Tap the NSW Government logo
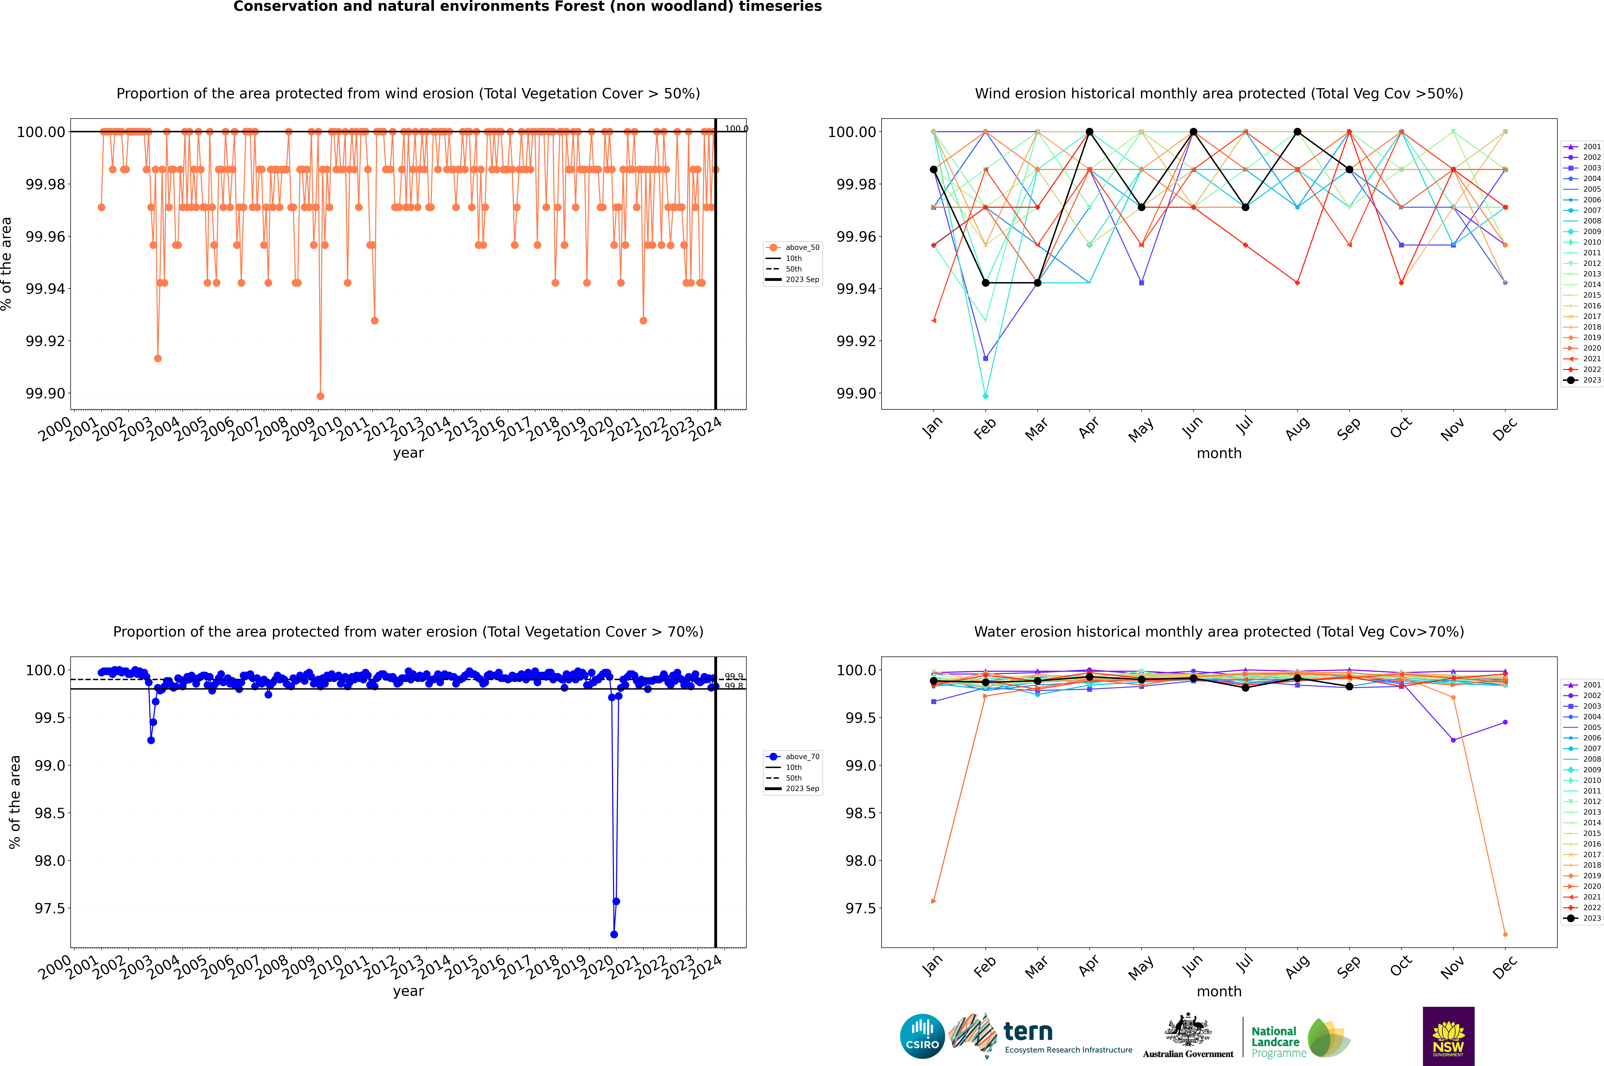1448,1036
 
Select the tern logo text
1028,1032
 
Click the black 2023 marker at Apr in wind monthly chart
1089,132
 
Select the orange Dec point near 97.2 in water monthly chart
1505,934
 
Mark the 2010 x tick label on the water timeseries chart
326,966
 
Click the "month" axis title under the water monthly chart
1219,991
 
